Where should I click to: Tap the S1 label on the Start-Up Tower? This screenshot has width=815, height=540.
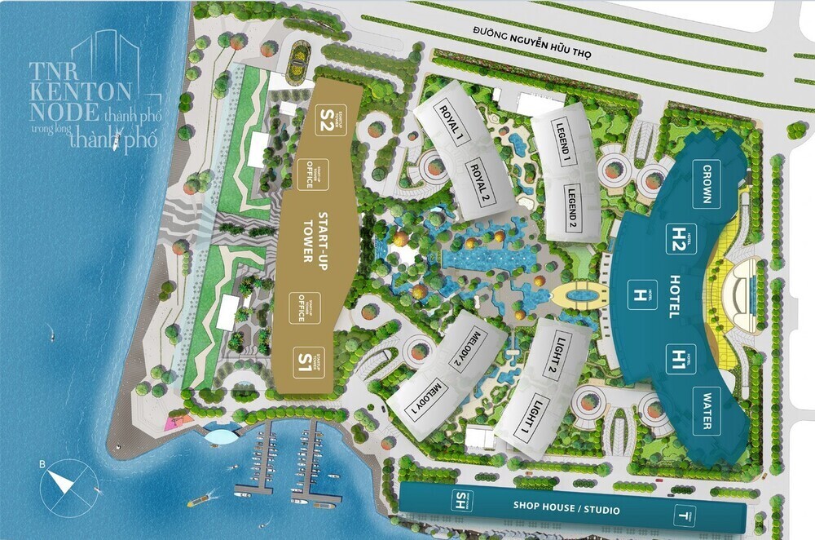point(305,358)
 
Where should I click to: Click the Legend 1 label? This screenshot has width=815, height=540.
point(562,144)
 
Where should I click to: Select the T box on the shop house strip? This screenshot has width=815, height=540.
point(681,515)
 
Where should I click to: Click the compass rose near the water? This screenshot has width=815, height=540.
point(63,481)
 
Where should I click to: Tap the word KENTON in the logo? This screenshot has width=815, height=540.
point(81,86)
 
